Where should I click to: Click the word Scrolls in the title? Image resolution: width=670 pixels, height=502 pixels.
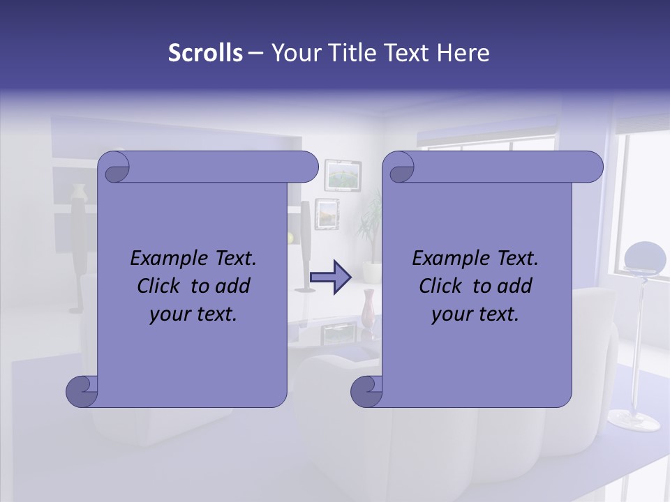pos(205,53)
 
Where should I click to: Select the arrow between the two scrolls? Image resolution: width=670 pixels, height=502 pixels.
pos(331,277)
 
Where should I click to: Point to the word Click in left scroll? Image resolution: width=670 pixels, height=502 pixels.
pos(160,286)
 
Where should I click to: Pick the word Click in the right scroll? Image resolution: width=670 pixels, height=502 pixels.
pos(442,286)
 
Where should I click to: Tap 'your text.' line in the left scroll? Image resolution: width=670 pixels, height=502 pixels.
pos(193,314)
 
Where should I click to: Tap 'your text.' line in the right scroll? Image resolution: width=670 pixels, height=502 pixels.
pos(475,314)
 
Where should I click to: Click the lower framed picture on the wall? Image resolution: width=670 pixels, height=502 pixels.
pos(327,213)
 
